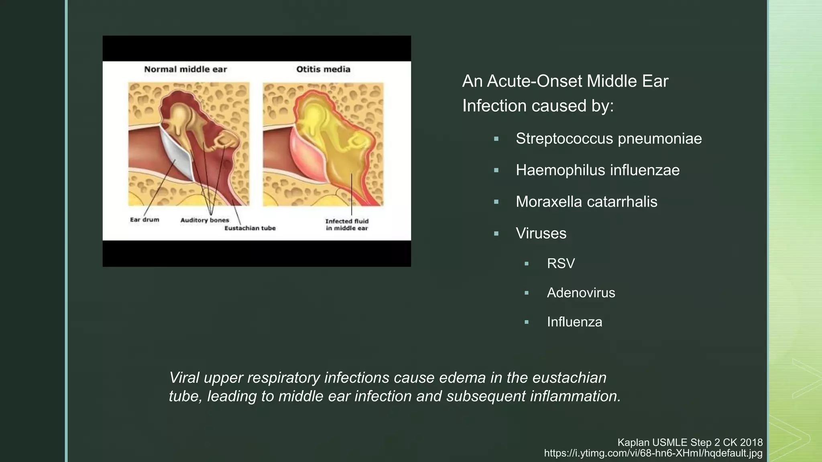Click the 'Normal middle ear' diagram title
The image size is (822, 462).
185,69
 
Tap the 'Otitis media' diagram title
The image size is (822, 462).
323,69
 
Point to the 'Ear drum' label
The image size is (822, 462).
144,220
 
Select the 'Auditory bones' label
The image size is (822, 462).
205,220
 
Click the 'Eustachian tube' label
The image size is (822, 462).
250,228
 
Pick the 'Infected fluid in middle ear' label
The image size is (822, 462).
347,225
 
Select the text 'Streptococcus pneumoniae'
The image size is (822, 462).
608,139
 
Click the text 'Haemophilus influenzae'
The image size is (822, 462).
598,170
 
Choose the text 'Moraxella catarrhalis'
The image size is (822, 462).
586,202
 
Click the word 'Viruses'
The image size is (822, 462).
541,233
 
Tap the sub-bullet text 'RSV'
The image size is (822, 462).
561,263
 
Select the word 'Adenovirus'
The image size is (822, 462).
581,293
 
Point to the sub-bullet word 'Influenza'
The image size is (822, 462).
574,322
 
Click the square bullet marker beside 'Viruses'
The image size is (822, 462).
496,233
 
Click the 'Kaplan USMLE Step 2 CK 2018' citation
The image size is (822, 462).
690,442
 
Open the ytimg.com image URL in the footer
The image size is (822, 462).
653,453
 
